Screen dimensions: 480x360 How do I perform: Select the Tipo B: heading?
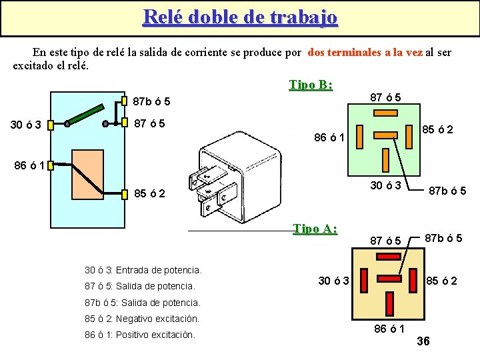tap(311, 85)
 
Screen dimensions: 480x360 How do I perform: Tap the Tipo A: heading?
tap(315, 229)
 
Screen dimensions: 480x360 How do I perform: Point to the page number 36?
tap(423, 341)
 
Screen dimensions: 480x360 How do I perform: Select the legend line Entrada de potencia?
tap(143, 270)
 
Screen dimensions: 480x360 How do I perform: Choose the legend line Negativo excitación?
tap(142, 319)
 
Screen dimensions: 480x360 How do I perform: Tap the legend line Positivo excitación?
tap(140, 335)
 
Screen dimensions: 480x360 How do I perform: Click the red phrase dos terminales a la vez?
tap(365, 52)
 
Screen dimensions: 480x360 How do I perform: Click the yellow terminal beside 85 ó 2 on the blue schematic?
tap(125, 195)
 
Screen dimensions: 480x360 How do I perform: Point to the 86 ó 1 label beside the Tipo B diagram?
tap(329, 139)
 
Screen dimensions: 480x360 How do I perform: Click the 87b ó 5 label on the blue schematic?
tap(152, 102)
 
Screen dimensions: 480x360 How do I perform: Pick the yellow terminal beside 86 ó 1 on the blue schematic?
tap(49, 163)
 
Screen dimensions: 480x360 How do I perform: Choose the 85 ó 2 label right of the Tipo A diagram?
tap(441, 281)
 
